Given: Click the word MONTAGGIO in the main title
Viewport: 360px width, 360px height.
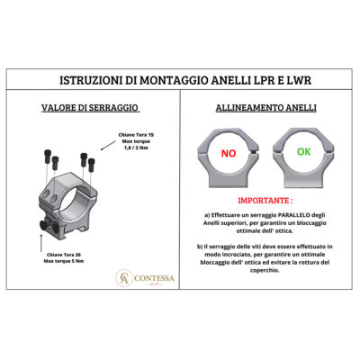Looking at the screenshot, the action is pos(173,80).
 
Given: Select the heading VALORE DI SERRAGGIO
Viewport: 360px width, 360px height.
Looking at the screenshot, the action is pos(90,108).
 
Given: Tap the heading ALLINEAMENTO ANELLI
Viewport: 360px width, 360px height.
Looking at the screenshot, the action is pos(266,108).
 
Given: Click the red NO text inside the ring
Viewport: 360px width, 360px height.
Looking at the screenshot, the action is pos(229,154).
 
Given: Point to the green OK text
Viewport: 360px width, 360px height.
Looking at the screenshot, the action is pos(303,152).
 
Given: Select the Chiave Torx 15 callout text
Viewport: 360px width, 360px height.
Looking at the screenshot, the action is pos(136,135).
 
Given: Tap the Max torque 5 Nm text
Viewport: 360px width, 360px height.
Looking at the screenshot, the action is pos(64,261).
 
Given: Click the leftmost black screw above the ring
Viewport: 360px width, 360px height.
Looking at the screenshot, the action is pos(48,157).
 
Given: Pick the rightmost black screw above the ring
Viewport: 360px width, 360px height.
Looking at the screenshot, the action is pos(92,165).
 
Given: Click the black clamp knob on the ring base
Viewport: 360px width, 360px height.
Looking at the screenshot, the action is pos(44,225).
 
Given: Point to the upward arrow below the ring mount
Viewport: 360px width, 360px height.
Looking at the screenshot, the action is pos(41,243).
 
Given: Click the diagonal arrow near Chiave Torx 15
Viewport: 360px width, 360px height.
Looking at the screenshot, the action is pos(108,146).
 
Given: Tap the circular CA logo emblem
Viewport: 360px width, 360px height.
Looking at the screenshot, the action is pos(124,278).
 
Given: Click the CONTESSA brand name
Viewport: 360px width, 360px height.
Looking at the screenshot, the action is pos(154,278).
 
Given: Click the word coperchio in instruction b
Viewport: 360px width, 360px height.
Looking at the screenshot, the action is pos(265,270).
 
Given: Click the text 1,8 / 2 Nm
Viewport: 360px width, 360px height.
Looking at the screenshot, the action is pos(136,148).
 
